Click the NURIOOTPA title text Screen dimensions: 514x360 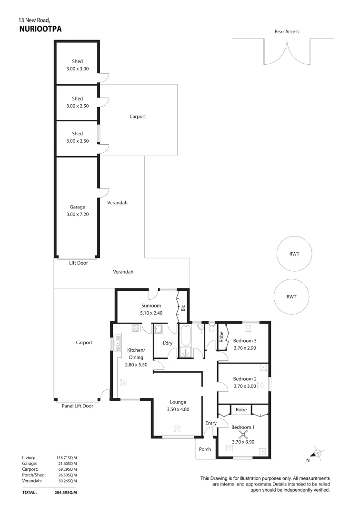pyautogui.click(x=40, y=29)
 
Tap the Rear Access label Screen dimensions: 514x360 pyautogui.click(x=287, y=32)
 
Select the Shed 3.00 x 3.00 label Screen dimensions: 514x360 pyautogui.click(x=77, y=65)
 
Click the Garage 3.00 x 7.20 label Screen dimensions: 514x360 pyautogui.click(x=77, y=210)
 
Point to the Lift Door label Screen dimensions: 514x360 pyautogui.click(x=78, y=263)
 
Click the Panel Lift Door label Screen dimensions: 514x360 pyautogui.click(x=78, y=406)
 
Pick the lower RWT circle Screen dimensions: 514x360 pyautogui.click(x=291, y=296)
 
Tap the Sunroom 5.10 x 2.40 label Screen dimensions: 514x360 pyautogui.click(x=151, y=309)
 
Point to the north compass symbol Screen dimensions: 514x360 pyautogui.click(x=318, y=454)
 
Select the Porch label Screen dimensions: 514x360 pyautogui.click(x=205, y=449)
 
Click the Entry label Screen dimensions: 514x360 pyautogui.click(x=210, y=423)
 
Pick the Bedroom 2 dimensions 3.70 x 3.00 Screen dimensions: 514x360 pyautogui.click(x=245, y=386)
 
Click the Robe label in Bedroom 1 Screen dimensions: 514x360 pyautogui.click(x=241, y=409)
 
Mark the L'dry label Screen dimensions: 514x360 pyautogui.click(x=167, y=344)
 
